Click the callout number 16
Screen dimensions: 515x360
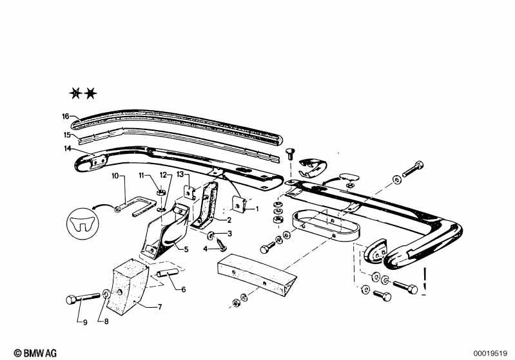point(65,116)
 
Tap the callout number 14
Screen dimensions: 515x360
point(67,149)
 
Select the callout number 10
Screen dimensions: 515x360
point(115,176)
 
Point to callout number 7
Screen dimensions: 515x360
point(160,307)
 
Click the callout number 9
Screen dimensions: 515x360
point(85,323)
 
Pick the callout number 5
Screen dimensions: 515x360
point(186,249)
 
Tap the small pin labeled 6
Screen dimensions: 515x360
point(167,273)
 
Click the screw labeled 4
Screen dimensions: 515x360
point(221,245)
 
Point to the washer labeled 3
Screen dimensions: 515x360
point(211,234)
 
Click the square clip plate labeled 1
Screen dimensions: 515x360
point(239,204)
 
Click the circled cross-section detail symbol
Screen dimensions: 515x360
point(83,224)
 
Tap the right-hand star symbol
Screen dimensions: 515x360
point(90,94)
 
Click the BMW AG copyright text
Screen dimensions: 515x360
point(35,353)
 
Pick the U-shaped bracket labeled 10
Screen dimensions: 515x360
point(136,207)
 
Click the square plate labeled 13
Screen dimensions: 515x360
point(189,193)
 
